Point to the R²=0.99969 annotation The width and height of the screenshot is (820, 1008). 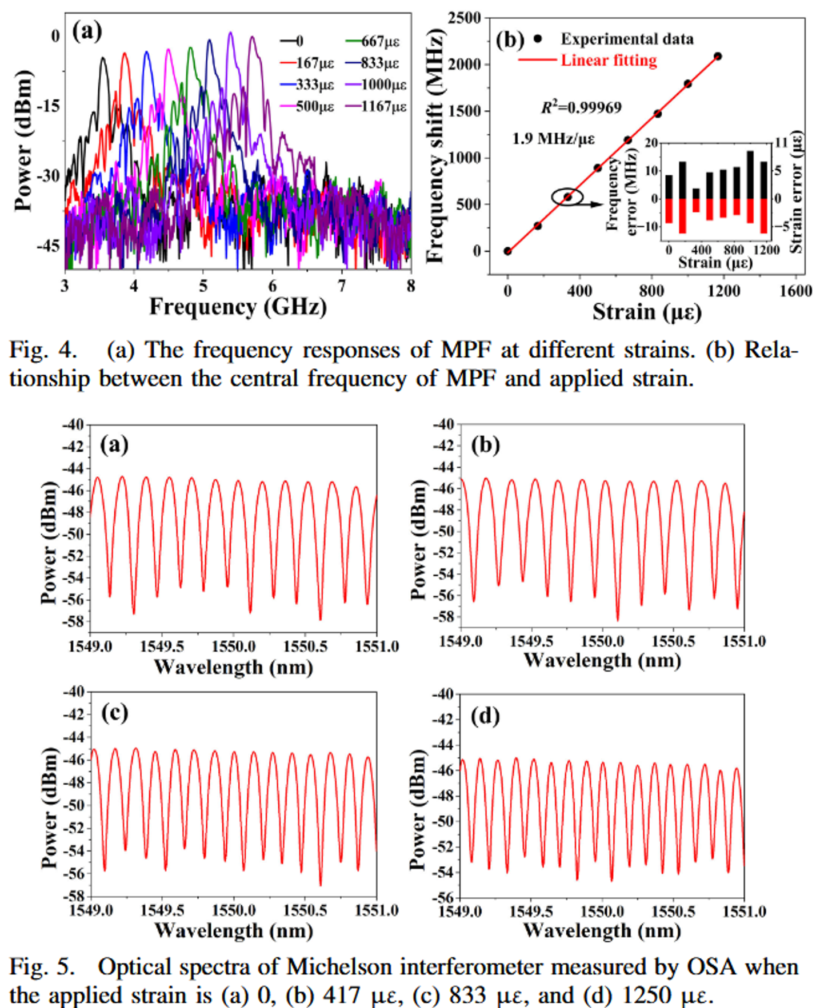pos(581,107)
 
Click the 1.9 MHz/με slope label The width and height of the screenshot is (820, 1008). pos(553,139)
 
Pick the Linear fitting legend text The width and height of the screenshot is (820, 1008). pos(609,60)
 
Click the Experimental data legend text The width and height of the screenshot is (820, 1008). pos(627,39)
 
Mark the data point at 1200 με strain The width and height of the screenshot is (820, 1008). pos(718,56)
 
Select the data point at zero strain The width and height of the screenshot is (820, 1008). pos(507,251)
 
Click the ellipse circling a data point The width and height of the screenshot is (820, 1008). pos(567,197)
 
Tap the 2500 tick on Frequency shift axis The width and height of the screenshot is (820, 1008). pos(464,18)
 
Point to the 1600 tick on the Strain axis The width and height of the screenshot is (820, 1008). pos(795,291)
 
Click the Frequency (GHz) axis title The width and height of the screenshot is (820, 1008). pos(238,307)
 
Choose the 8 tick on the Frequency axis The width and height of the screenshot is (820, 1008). pos(411,286)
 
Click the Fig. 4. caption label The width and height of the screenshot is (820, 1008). pos(43,350)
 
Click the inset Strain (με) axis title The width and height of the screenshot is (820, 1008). pos(715,263)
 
